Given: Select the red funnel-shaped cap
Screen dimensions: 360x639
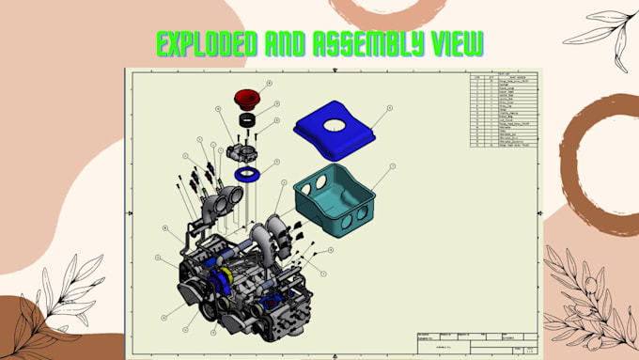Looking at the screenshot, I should pyautogui.click(x=247, y=99).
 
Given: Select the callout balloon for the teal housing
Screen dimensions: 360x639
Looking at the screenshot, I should pyautogui.click(x=393, y=165).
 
